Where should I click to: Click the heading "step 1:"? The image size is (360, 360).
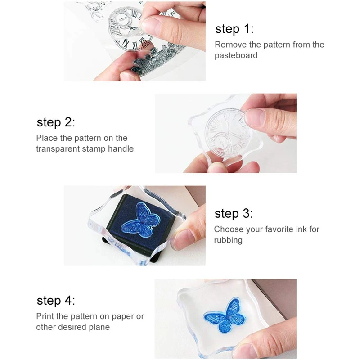click(234, 29)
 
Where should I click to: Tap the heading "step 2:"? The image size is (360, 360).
click(56, 122)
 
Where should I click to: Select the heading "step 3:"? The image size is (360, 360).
click(234, 214)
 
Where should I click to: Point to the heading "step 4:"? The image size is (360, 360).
click(56, 301)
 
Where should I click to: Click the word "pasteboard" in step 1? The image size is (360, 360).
click(236, 55)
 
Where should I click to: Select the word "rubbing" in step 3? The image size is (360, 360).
click(228, 240)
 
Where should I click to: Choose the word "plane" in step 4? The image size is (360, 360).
click(99, 327)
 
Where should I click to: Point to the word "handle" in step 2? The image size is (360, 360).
click(121, 149)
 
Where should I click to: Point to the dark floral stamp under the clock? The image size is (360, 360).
click(156, 60)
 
